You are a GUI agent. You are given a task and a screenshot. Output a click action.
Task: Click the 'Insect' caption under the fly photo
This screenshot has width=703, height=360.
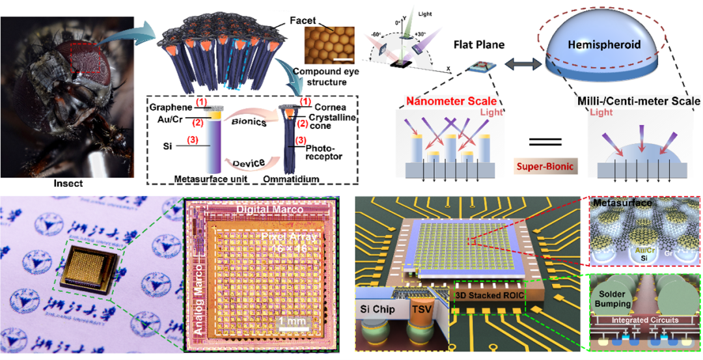pos(68,184)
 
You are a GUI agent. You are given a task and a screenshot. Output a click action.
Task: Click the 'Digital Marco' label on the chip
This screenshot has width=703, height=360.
pos(273,211)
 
